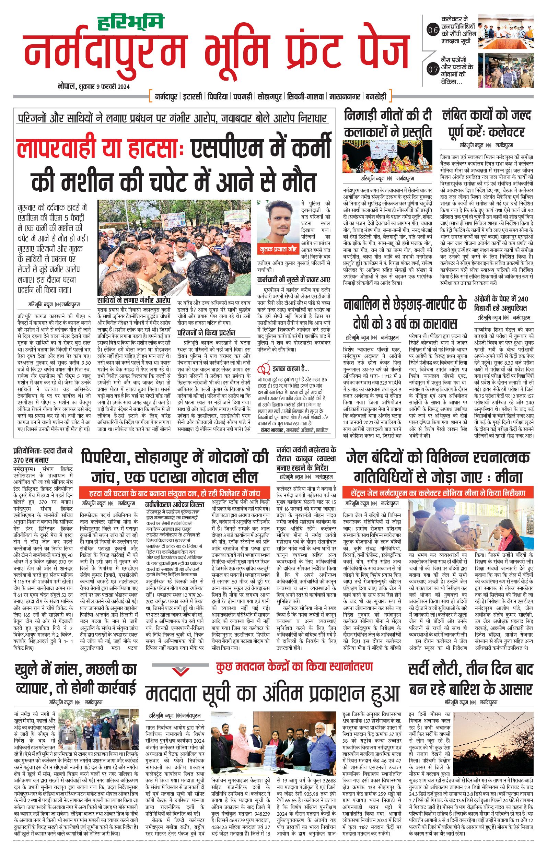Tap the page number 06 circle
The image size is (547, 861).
pyautogui.click(x=433, y=31)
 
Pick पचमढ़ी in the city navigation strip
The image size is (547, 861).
pyautogui.click(x=244, y=96)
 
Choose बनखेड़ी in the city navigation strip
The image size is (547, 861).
pyautogui.click(x=376, y=96)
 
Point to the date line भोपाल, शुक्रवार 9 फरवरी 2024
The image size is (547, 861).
pyautogui.click(x=93, y=86)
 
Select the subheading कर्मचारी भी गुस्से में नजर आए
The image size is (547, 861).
pyautogui.click(x=293, y=279)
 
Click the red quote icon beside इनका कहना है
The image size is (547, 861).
pyautogui.click(x=264, y=368)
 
